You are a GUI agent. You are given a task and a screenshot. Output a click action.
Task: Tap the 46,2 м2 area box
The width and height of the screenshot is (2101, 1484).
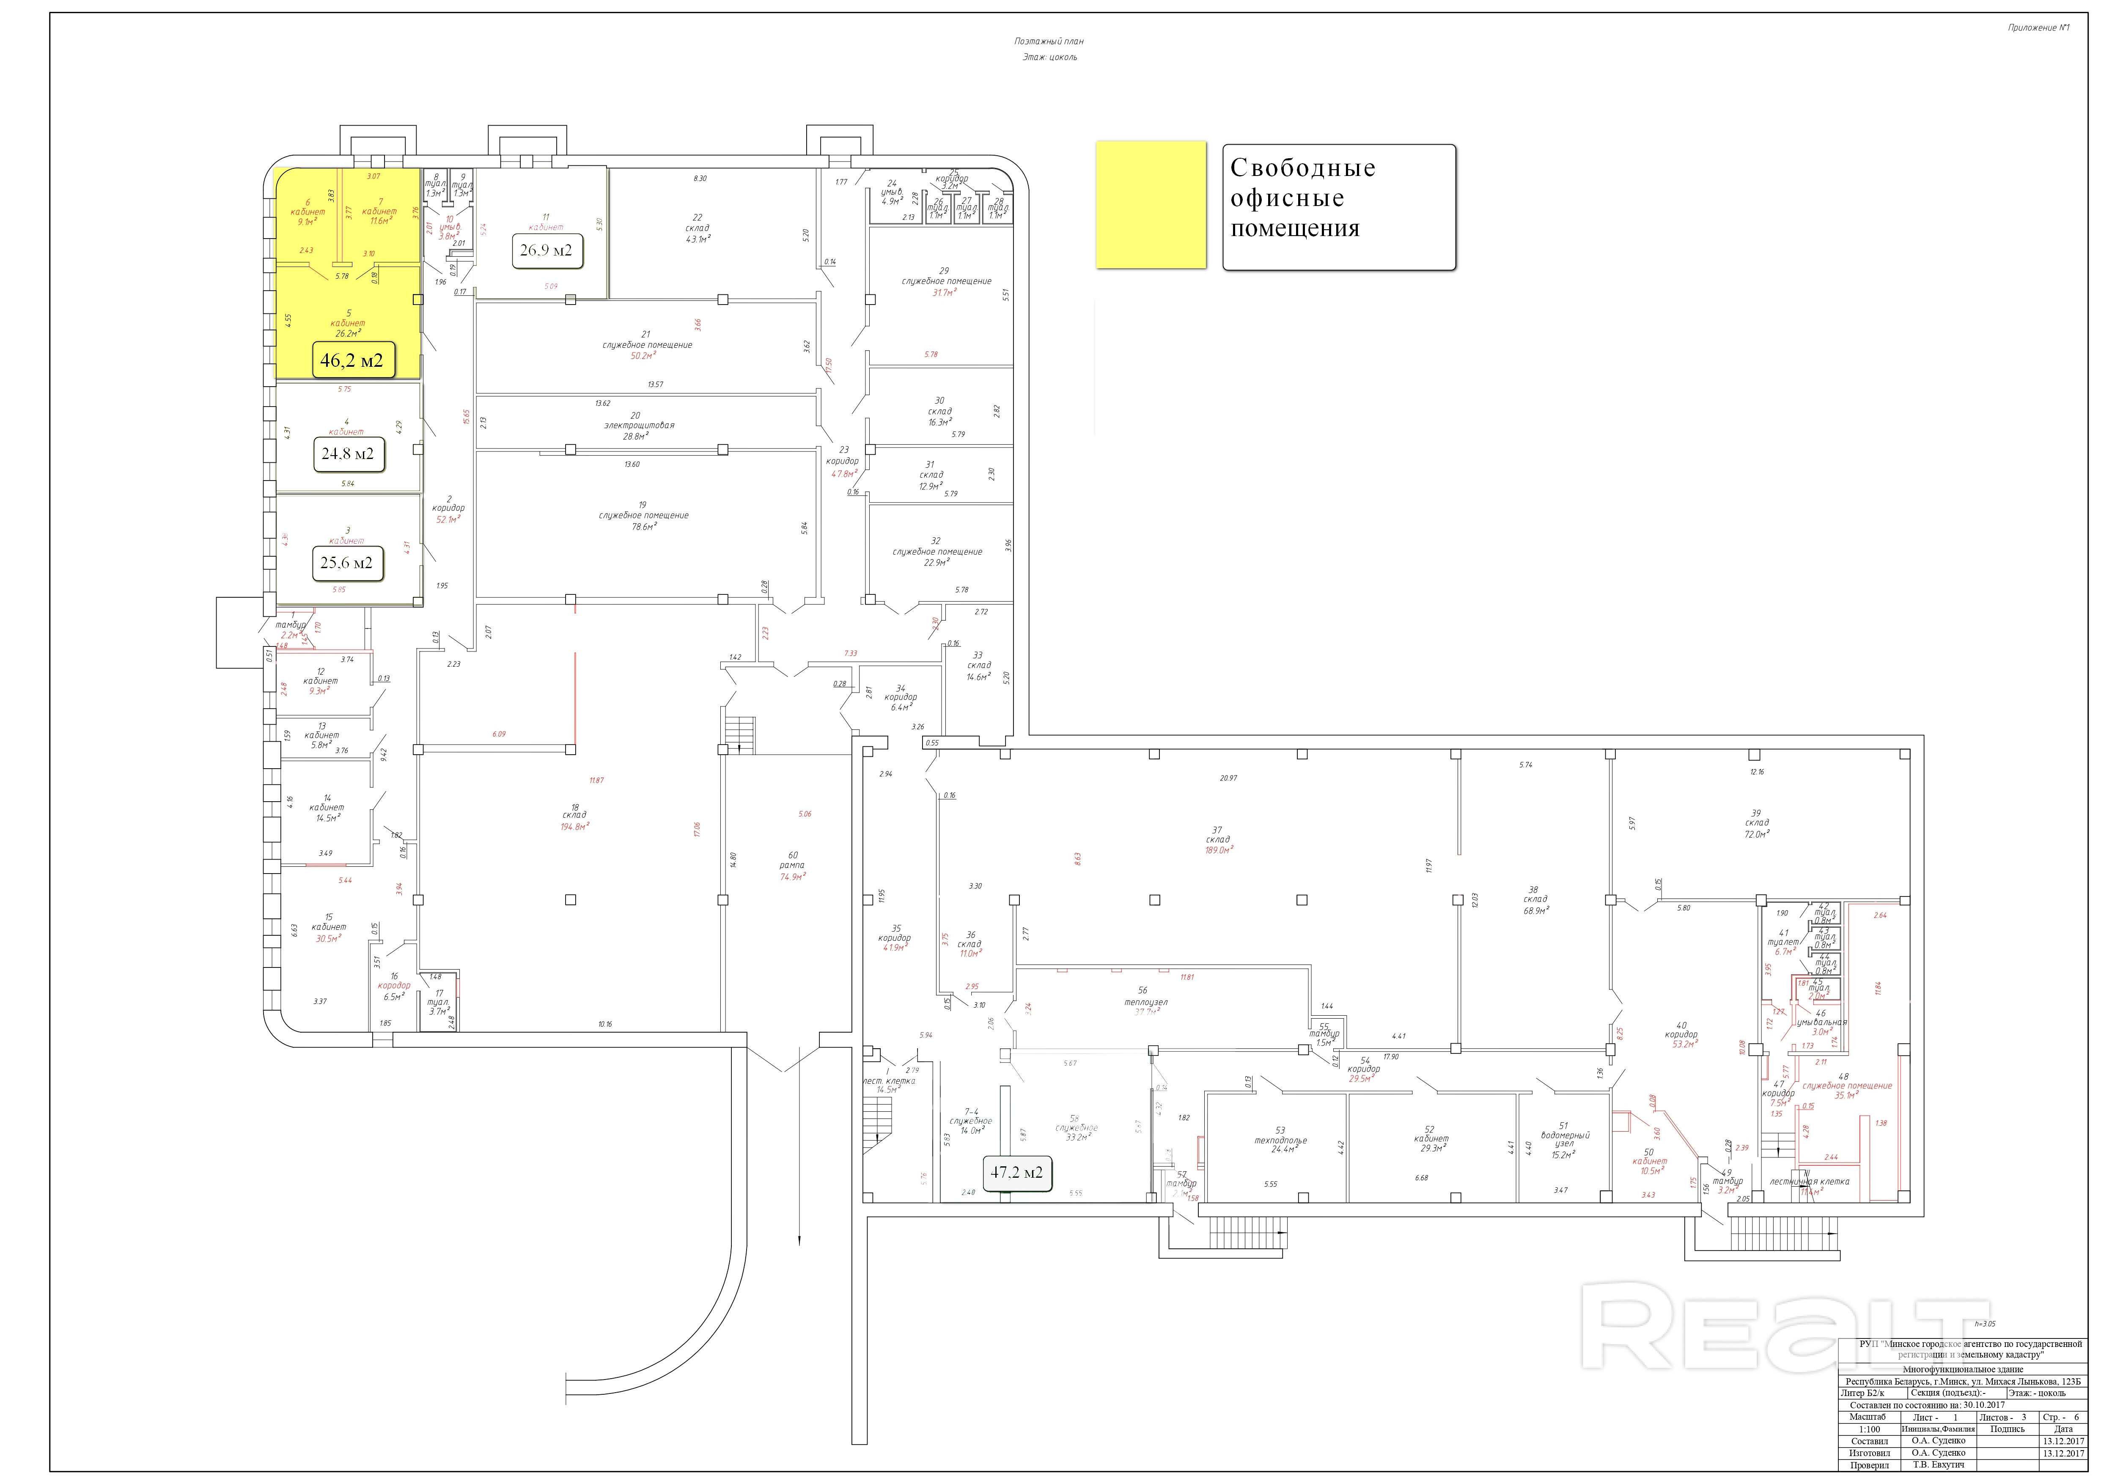[352, 360]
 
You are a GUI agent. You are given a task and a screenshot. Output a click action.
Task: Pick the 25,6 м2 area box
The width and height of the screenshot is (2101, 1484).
[347, 563]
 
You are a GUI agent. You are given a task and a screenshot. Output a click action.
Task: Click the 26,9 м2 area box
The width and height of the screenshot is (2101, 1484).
[547, 250]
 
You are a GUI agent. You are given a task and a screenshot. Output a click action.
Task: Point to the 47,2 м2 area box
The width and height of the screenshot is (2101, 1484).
[1016, 1172]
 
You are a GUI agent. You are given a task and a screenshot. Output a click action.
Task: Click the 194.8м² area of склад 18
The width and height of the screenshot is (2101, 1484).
[575, 826]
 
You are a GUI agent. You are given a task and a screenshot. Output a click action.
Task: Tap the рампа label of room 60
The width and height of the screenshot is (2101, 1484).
[792, 866]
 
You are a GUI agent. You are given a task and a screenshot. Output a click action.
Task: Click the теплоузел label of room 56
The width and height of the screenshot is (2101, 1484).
[1145, 1002]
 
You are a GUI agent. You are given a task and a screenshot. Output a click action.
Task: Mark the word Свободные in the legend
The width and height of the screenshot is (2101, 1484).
[1302, 168]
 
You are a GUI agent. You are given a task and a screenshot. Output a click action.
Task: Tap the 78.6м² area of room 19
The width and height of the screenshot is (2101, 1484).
[643, 527]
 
